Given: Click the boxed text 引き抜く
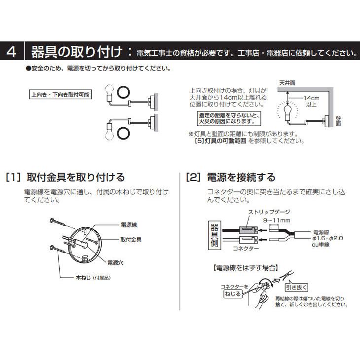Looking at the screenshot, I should click(301, 286).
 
